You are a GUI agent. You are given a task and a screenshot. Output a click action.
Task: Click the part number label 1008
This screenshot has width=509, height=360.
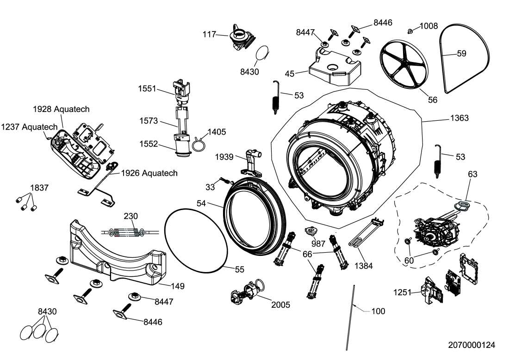tap(429, 26)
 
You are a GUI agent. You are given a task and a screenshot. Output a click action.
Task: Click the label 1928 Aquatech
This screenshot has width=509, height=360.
tap(61, 109)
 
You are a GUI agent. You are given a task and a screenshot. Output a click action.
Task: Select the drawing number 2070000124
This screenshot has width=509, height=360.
tap(472, 345)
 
